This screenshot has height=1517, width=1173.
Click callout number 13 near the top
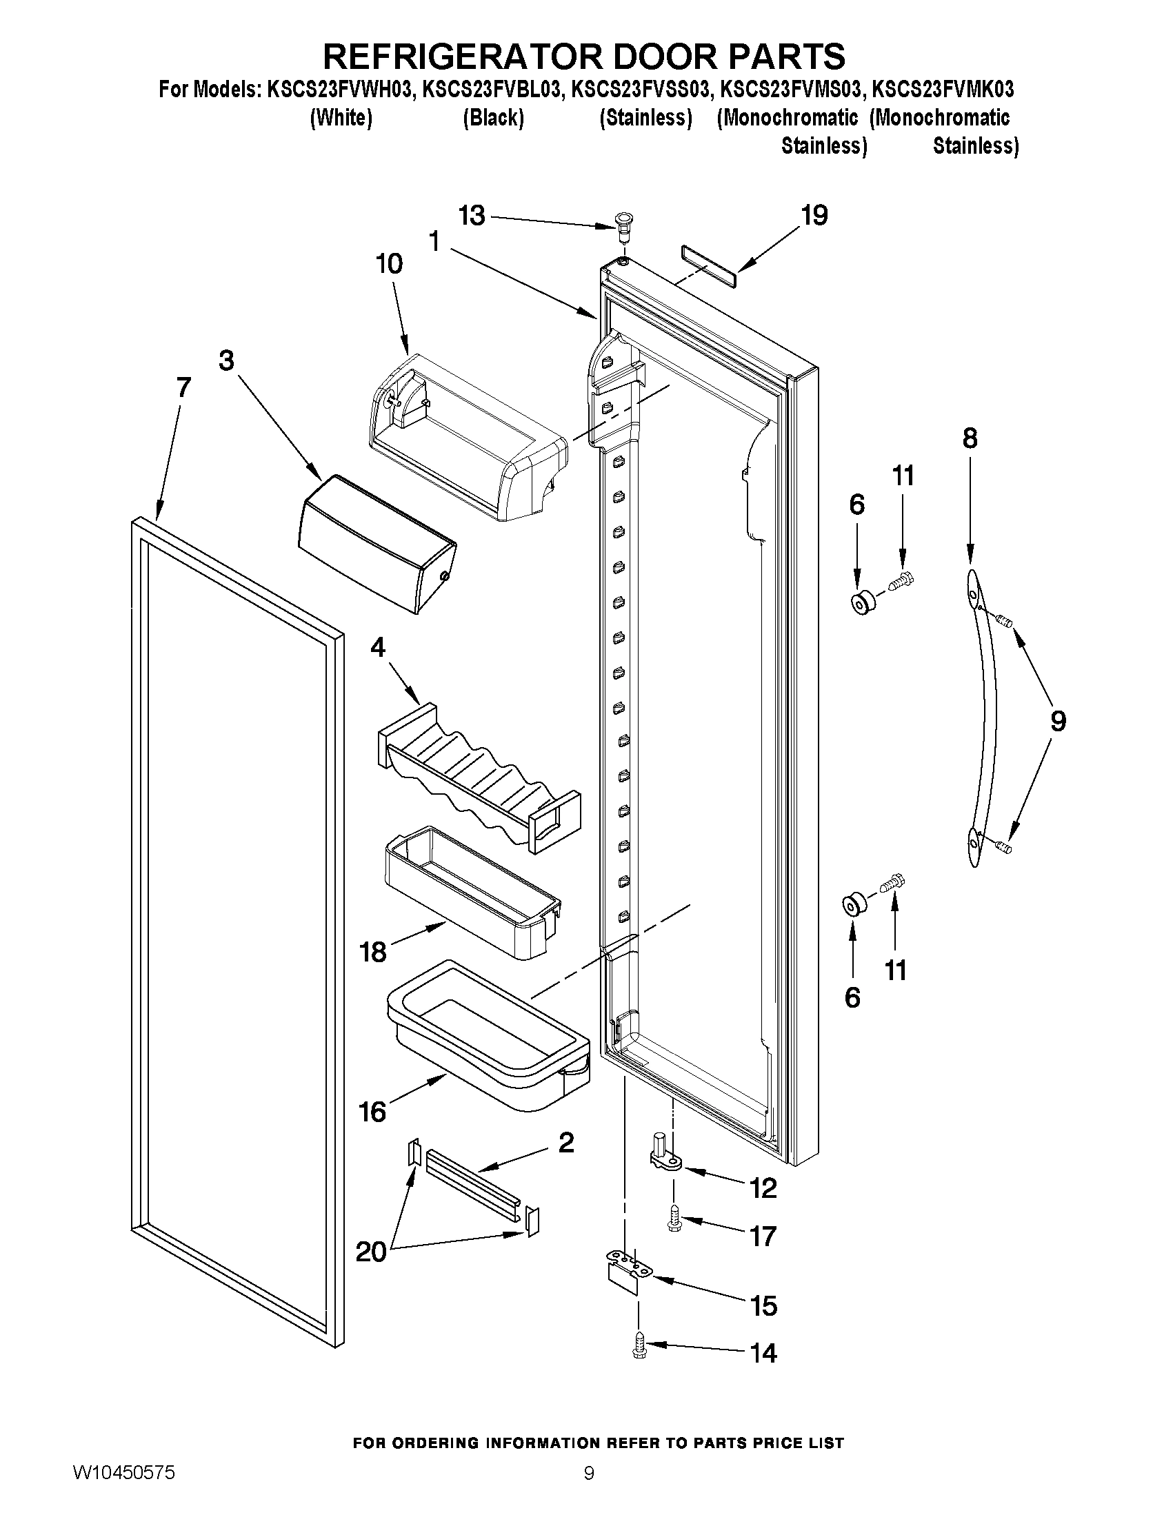(x=472, y=215)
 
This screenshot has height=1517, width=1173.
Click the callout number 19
(x=814, y=216)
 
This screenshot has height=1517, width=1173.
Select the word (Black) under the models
(x=492, y=118)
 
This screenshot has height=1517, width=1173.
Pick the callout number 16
(x=372, y=1111)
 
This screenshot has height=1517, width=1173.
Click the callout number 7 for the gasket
(x=183, y=387)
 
